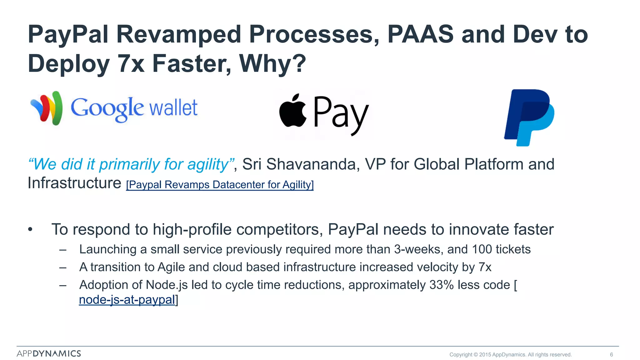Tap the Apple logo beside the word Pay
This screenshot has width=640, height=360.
pyautogui.click(x=293, y=111)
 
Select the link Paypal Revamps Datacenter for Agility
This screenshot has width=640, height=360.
pyautogui.click(x=220, y=185)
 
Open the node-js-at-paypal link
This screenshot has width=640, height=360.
pyautogui.click(x=127, y=300)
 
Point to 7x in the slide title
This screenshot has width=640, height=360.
pyautogui.click(x=131, y=63)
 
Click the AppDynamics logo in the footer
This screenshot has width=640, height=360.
pyautogui.click(x=49, y=353)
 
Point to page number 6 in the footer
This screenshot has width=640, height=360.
pyautogui.click(x=611, y=354)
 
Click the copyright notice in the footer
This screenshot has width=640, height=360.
pyautogui.click(x=510, y=354)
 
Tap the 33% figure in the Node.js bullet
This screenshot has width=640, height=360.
pyautogui.click(x=441, y=285)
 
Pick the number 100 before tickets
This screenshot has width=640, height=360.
pyautogui.click(x=482, y=249)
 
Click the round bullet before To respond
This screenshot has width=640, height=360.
pyautogui.click(x=30, y=230)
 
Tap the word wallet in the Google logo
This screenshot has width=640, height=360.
pyautogui.click(x=173, y=108)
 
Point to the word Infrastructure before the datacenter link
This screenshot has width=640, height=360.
pyautogui.click(x=74, y=183)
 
